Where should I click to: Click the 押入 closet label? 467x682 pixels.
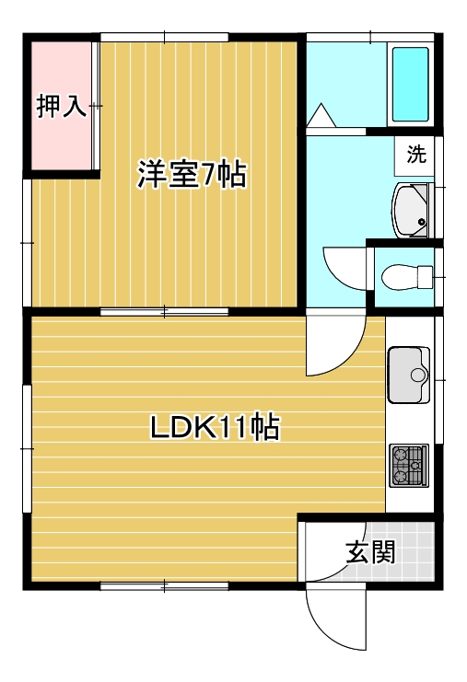(x=62, y=106)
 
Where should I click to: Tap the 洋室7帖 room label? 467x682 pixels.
(x=192, y=175)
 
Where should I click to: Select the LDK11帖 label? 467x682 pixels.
(x=215, y=427)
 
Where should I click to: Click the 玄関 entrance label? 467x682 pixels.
(x=371, y=552)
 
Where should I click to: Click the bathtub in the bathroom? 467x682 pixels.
(x=411, y=85)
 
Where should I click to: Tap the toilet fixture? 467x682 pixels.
(x=407, y=277)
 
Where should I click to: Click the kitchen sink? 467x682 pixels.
(x=409, y=375)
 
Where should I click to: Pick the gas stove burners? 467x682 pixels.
(x=409, y=465)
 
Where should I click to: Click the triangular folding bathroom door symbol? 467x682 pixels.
(x=321, y=115)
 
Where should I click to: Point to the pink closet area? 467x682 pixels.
(x=62, y=106)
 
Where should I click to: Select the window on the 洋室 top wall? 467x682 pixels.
(x=165, y=37)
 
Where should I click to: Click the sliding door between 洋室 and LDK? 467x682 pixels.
(x=165, y=312)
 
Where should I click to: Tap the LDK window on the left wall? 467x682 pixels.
(x=27, y=448)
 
